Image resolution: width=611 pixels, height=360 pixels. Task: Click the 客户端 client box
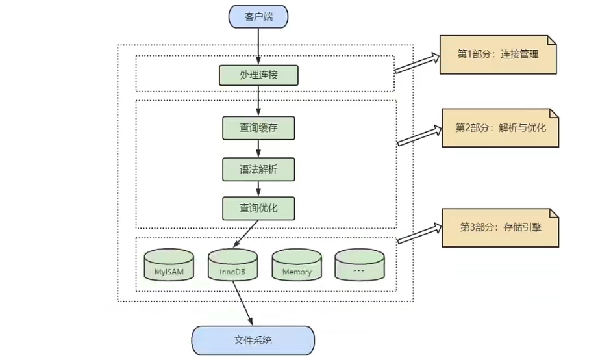tap(258, 17)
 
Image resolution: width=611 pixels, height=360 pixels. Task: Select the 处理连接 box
tap(258, 75)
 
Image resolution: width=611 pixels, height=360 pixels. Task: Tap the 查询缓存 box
tap(258, 128)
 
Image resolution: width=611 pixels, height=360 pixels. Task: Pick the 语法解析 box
tap(258, 169)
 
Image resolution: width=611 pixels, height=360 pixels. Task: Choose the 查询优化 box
tap(258, 209)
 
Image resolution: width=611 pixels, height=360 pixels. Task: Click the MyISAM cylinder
tap(169, 266)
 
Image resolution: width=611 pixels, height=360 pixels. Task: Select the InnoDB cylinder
tap(232, 266)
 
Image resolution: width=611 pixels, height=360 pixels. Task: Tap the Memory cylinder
tap(297, 266)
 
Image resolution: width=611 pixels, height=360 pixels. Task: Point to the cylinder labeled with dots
tap(359, 266)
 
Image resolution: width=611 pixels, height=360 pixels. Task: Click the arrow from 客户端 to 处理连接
tap(258, 45)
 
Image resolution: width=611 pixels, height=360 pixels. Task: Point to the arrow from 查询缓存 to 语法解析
tap(258, 148)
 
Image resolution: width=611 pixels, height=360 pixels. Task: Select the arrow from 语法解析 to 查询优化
tap(258, 188)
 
